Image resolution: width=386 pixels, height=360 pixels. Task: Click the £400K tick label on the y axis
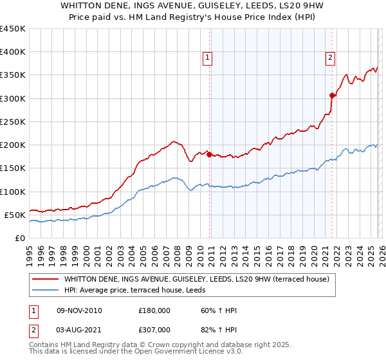pos(12,52)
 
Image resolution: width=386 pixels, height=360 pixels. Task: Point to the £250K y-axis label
pos(12,122)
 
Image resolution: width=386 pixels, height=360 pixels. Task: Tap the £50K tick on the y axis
pos(15,215)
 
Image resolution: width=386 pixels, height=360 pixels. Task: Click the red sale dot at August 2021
pos(332,95)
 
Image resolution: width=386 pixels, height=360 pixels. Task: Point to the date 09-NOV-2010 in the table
pos(79,310)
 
